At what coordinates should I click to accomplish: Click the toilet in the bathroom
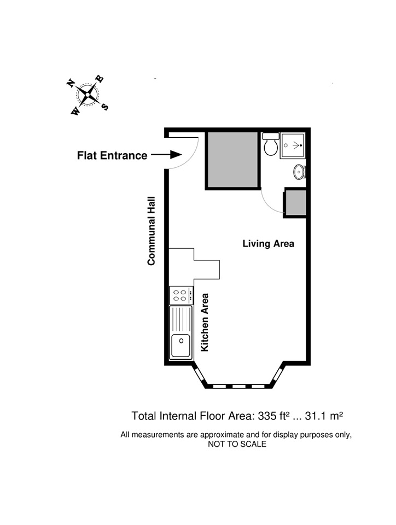(270, 144)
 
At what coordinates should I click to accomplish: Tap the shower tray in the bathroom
(293, 145)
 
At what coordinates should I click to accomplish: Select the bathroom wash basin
(299, 172)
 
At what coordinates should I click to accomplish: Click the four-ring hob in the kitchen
(181, 295)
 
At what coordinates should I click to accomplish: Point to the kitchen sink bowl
(180, 346)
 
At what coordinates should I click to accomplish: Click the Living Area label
(268, 243)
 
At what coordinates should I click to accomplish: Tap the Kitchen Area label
(204, 323)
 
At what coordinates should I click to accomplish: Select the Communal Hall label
(152, 231)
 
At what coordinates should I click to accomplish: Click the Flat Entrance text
(112, 155)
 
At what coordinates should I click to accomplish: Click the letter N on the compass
(71, 83)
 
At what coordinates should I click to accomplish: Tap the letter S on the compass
(105, 107)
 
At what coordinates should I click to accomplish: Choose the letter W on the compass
(75, 111)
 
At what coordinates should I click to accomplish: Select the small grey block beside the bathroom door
(295, 203)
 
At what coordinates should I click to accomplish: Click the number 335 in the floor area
(267, 416)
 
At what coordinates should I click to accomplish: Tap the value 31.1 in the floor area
(316, 416)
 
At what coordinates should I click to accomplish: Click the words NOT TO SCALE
(237, 444)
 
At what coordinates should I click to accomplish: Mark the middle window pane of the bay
(238, 386)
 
